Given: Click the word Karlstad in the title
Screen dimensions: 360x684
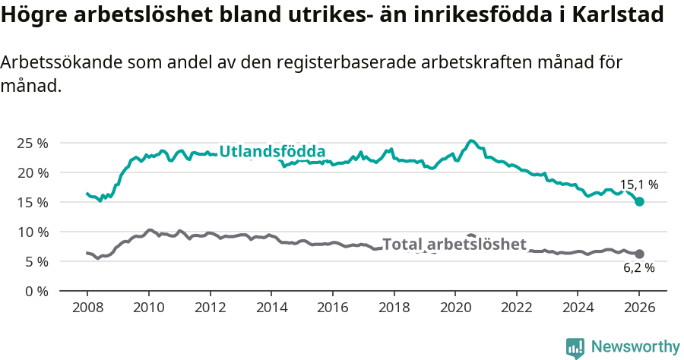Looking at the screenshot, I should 621,14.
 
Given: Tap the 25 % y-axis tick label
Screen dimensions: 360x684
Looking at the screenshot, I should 32,144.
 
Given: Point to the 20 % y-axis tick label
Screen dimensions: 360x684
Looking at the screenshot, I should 32,172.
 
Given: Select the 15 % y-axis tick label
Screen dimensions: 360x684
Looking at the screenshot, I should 32,202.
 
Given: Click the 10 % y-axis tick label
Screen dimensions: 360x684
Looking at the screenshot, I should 32,232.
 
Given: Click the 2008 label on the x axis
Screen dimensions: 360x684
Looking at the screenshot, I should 87,308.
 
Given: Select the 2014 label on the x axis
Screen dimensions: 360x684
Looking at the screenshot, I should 271,308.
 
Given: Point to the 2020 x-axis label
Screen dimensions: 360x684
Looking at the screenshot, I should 455,308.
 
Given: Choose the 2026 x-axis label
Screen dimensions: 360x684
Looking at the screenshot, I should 639,308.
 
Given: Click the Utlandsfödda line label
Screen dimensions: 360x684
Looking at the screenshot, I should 272,151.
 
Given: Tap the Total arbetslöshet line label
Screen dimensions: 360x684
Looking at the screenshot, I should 454,244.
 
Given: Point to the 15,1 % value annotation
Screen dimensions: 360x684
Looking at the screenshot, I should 638,185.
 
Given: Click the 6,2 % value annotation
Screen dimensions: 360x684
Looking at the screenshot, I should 638,267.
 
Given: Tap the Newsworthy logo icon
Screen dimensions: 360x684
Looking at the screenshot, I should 575,347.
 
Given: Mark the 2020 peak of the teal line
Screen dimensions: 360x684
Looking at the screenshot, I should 471,141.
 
